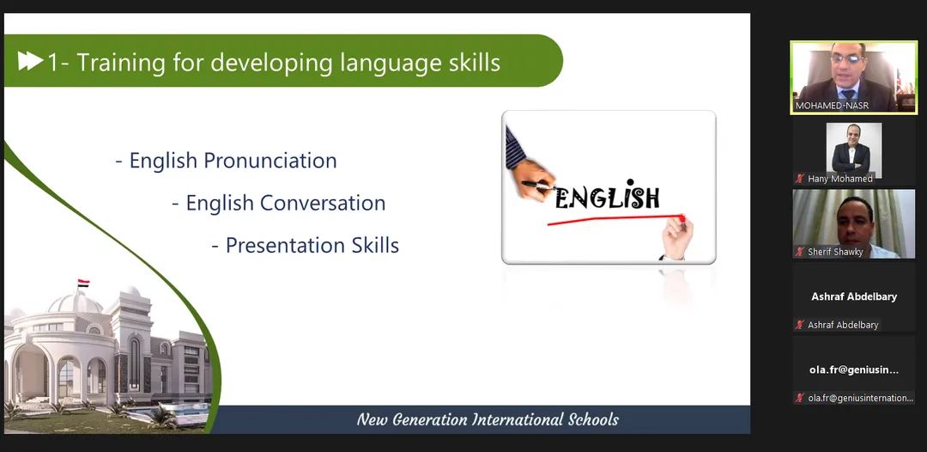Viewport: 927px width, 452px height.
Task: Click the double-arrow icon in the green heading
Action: (x=30, y=61)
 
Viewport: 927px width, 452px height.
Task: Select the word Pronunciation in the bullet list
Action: (x=270, y=161)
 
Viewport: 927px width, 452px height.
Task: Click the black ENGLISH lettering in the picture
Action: (x=607, y=195)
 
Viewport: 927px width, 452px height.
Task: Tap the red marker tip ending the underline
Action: (x=682, y=217)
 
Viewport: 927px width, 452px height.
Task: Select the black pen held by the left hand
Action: (x=538, y=186)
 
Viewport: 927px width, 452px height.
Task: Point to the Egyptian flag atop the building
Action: (x=83, y=283)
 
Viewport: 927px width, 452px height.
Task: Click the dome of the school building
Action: (x=75, y=302)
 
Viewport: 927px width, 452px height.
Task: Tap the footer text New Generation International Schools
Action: (x=488, y=419)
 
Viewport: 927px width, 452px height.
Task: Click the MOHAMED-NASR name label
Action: (x=831, y=106)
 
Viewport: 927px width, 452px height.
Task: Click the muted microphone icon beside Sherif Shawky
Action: (x=800, y=252)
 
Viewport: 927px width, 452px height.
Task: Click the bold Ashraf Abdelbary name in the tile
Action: (x=854, y=296)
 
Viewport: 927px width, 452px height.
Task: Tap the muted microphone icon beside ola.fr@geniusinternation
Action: (x=800, y=398)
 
